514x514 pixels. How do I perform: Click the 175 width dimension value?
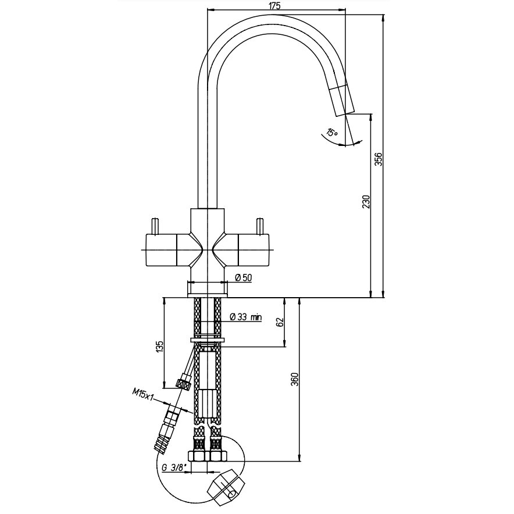276,6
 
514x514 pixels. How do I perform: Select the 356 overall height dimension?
379,159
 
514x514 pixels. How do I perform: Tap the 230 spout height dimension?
367,202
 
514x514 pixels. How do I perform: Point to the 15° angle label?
332,133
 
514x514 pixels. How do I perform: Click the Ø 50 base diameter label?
244,278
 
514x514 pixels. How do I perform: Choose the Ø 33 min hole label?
245,317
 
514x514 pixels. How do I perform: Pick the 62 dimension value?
280,323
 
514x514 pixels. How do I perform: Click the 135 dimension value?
160,347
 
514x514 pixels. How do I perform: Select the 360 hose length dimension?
295,379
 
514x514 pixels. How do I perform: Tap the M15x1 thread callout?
143,394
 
